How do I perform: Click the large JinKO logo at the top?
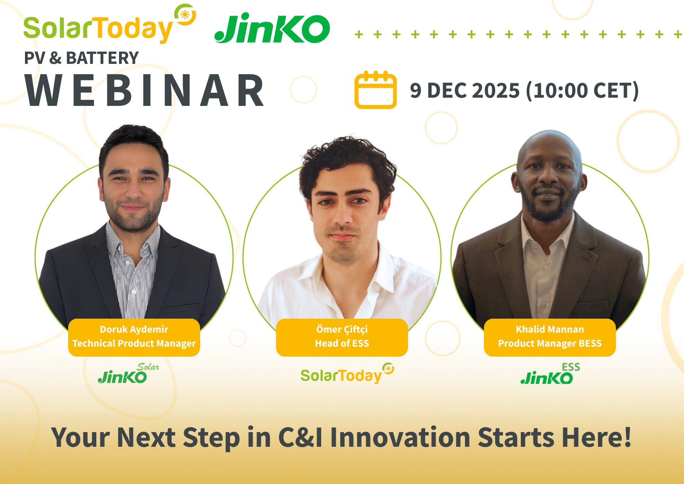point(272,29)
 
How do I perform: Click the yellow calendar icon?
point(375,90)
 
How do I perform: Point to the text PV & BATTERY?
point(81,58)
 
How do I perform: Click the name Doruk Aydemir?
point(134,329)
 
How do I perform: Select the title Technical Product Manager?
point(134,343)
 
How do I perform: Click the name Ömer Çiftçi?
point(342,329)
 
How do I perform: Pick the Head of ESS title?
point(342,343)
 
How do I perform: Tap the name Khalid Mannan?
point(550,329)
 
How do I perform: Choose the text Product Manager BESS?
point(550,343)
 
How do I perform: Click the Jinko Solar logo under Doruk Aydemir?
point(127,374)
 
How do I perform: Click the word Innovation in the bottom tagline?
point(400,438)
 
